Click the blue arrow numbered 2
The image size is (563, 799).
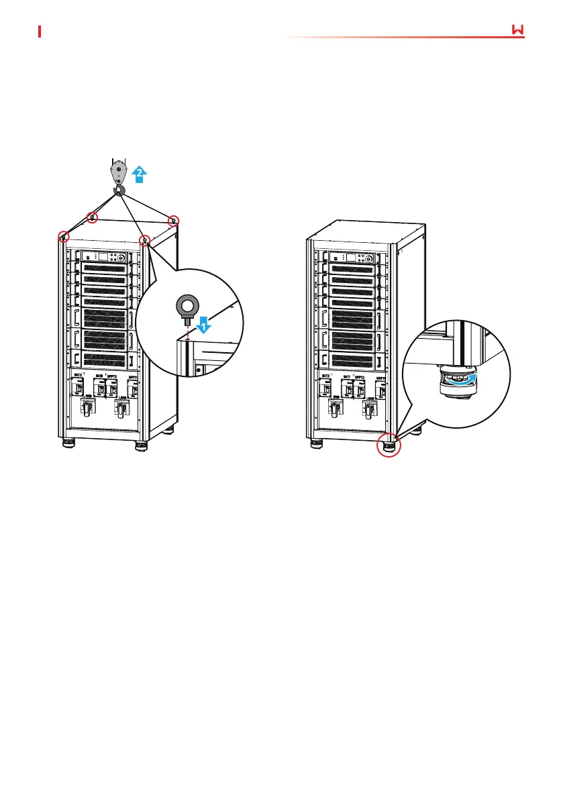point(139,174)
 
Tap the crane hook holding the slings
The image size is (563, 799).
point(119,192)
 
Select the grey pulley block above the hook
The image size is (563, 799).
point(118,172)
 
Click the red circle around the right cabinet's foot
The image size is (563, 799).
point(387,443)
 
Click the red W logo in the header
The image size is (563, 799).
point(517,30)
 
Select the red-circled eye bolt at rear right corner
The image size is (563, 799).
point(173,221)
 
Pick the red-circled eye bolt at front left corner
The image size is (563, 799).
point(63,237)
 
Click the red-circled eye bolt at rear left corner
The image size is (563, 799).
point(93,217)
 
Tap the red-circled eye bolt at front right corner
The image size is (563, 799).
point(144,239)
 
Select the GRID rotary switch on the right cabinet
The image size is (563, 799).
point(334,408)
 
